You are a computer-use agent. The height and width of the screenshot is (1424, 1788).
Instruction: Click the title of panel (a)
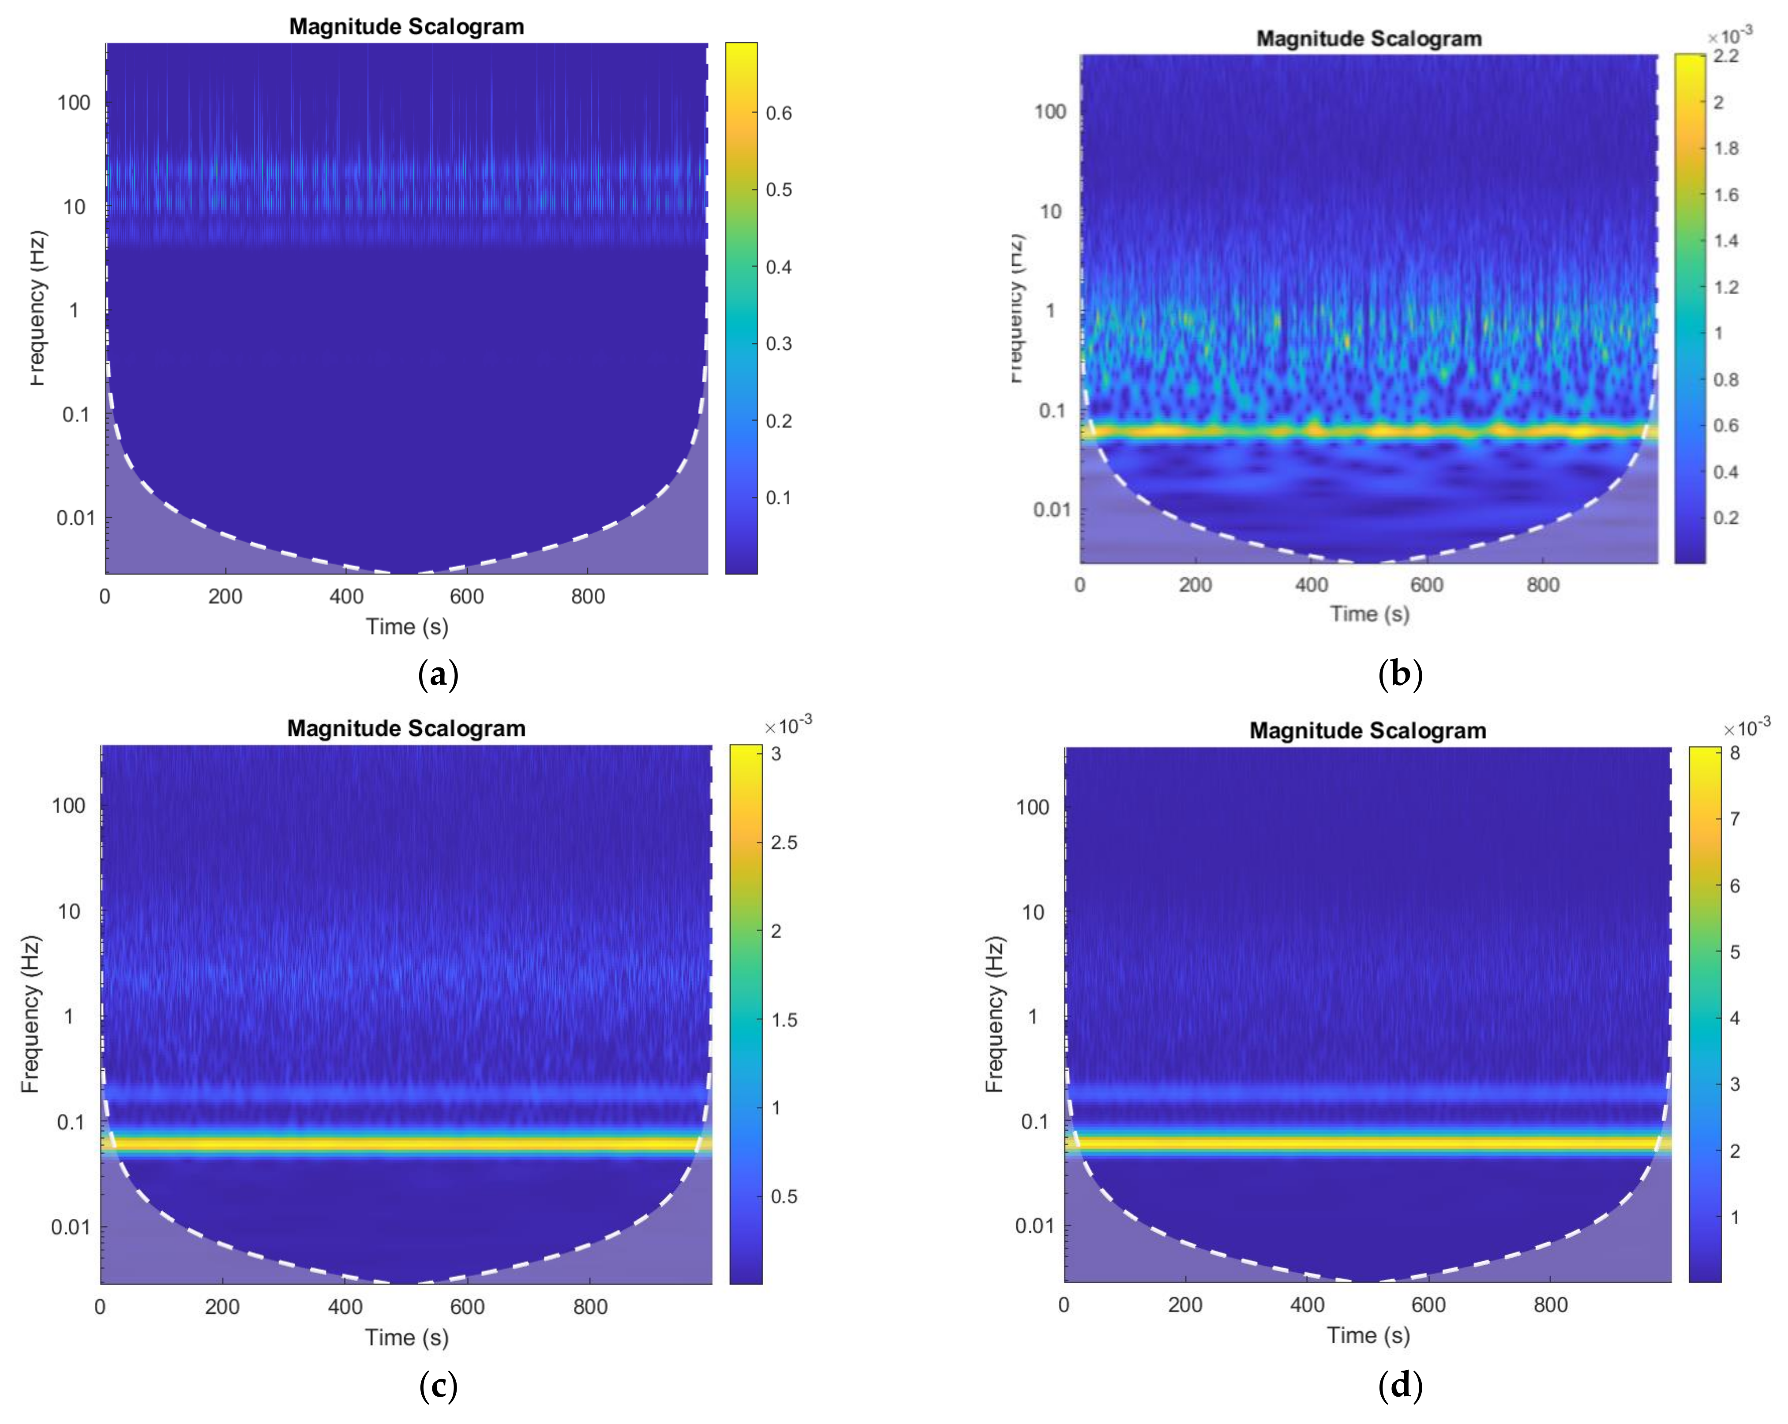tap(406, 26)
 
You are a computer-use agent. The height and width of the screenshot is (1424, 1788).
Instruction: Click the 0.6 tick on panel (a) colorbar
tap(778, 113)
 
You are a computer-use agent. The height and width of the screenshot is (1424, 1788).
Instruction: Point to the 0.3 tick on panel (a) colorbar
tap(778, 343)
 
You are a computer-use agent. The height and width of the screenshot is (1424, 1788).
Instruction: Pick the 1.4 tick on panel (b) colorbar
tap(1726, 240)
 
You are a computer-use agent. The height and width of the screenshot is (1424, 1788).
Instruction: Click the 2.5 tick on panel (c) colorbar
tap(783, 843)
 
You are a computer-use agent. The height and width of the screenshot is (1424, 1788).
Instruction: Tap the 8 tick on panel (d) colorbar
tap(1734, 753)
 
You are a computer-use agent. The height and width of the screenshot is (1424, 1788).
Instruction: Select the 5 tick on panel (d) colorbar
tap(1734, 952)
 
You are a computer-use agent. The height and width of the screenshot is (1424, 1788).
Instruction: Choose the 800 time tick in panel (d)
tap(1550, 1305)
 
